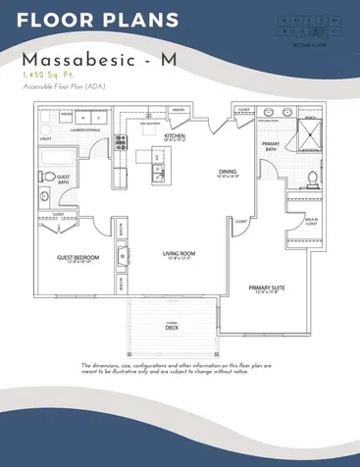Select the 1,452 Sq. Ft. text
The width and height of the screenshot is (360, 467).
coord(47,74)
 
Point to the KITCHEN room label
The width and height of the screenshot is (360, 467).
coord(175,135)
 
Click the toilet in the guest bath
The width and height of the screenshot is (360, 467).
coord(44,196)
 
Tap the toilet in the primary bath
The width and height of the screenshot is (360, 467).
coord(311,179)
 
